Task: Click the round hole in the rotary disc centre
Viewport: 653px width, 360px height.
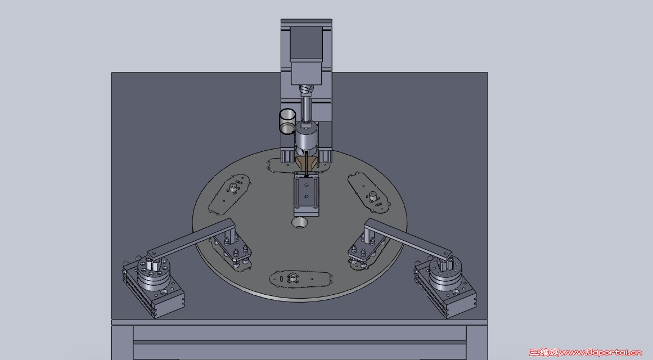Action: click(x=300, y=223)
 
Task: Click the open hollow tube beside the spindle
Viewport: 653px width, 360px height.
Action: click(x=287, y=121)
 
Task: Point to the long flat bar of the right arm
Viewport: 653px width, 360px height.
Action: click(x=408, y=238)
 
